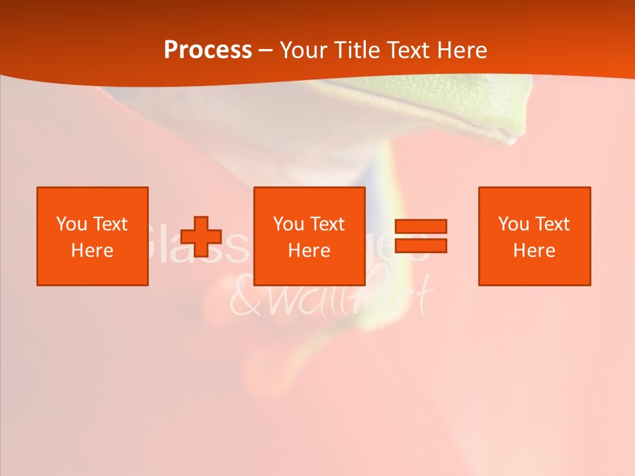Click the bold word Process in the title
tap(208, 50)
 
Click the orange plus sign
tap(200, 237)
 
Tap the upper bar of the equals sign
tap(421, 226)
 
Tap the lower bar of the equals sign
tap(421, 246)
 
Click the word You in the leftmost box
tap(71, 224)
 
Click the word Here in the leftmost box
tap(92, 251)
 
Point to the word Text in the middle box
tap(327, 224)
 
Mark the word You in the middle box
tap(288, 224)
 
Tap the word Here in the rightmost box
tap(534, 251)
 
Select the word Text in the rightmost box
tap(552, 224)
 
